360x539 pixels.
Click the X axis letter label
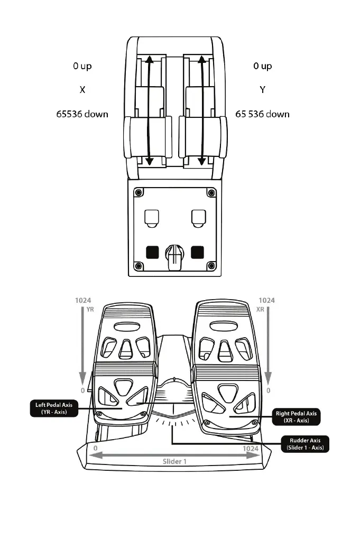pyautogui.click(x=82, y=90)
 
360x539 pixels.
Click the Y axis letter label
pyautogui.click(x=262, y=90)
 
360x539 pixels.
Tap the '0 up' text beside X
pyautogui.click(x=82, y=66)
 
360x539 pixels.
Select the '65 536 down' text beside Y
pyautogui.click(x=262, y=114)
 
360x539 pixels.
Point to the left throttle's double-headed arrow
pyautogui.click(x=149, y=111)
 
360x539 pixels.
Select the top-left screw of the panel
pyautogui.click(x=138, y=191)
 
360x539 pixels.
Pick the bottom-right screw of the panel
pyautogui.click(x=211, y=265)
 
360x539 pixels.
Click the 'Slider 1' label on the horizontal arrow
pyautogui.click(x=175, y=460)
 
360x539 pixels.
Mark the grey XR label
pyautogui.click(x=260, y=310)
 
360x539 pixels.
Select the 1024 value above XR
pyautogui.click(x=266, y=300)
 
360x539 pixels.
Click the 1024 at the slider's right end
pyautogui.click(x=250, y=449)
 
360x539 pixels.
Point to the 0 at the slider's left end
pyautogui.click(x=95, y=449)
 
